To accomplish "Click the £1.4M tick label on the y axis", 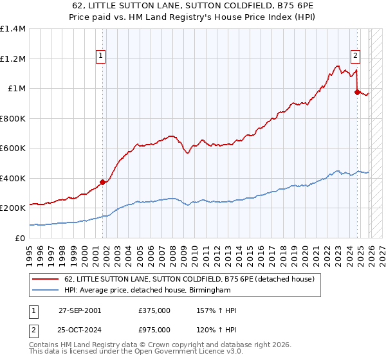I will point(13,29).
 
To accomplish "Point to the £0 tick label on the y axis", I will point(19,239).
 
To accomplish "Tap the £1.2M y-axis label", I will point(13,59).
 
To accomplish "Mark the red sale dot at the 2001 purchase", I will point(103,182).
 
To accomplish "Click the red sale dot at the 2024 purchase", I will point(357,92).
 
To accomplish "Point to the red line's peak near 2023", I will point(337,66).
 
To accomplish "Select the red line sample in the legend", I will point(46,279).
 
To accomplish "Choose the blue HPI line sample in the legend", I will point(46,291).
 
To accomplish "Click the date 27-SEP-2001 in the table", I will point(80,310).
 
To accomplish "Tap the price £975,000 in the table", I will point(154,329).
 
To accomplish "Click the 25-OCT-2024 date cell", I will point(80,329).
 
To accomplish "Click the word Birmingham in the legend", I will point(208,291).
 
